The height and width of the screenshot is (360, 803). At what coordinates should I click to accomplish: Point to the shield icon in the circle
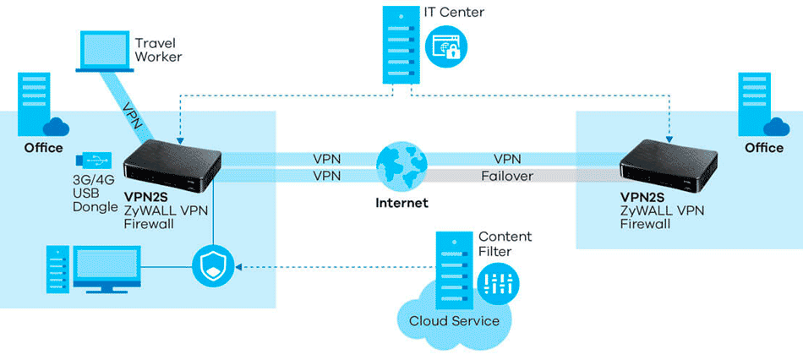[x=212, y=266]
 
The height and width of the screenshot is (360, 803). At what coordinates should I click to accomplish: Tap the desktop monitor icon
[x=103, y=270]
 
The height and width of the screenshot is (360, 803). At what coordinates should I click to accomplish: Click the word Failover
[x=507, y=176]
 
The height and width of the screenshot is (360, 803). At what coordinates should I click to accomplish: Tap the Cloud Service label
[x=454, y=321]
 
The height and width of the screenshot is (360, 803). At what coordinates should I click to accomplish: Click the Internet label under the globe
[x=401, y=203]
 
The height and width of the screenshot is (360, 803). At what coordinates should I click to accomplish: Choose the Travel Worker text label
[x=159, y=49]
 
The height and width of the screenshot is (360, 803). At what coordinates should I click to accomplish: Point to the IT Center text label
[x=453, y=13]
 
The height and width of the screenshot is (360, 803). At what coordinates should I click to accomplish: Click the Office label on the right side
[x=763, y=148]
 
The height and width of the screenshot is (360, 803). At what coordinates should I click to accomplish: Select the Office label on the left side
[x=43, y=148]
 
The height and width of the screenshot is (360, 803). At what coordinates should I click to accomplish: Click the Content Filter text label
[x=505, y=244]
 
